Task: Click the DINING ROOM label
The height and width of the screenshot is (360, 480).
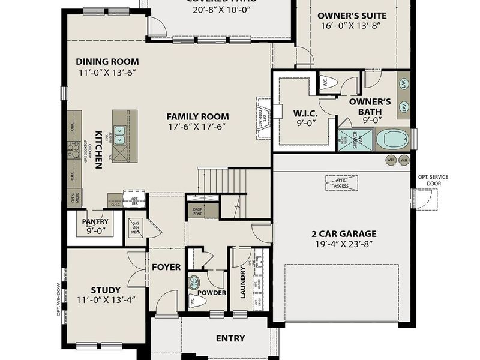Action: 107,61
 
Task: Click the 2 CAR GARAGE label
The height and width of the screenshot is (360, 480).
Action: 344,234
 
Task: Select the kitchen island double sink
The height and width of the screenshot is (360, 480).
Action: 120,134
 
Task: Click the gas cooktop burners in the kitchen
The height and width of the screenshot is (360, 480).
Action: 76,150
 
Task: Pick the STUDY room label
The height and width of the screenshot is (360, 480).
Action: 106,290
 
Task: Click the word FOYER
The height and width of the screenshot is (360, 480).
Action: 166,266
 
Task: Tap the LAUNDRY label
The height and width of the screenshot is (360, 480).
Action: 243,283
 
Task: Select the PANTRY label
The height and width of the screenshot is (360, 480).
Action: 95,221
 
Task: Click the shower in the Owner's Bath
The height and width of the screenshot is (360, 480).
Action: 347,141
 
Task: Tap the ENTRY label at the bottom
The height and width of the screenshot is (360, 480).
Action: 230,338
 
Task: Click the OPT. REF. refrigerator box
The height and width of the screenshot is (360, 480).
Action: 134,200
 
